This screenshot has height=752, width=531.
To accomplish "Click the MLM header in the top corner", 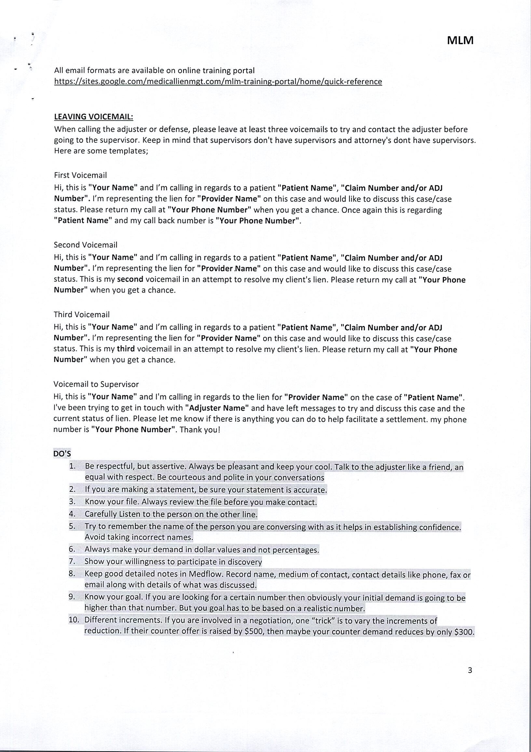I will [460, 40].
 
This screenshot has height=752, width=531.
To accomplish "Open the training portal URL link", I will [218, 82].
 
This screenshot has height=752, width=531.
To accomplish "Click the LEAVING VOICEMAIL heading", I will [93, 117].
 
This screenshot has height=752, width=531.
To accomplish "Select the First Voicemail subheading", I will [80, 175].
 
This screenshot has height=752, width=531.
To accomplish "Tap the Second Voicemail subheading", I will [85, 245].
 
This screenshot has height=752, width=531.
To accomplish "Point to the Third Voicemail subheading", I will [82, 314].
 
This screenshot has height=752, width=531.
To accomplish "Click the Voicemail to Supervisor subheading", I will [96, 384].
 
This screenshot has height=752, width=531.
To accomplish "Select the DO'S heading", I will [62, 454].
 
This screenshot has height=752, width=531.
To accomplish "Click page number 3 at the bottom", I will [470, 670].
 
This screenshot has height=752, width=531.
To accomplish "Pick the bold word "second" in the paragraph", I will [130, 279].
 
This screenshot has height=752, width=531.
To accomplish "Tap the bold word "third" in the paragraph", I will [126, 349].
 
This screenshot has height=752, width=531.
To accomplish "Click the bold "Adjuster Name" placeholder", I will [217, 408].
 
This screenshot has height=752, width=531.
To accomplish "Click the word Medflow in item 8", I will [206, 574].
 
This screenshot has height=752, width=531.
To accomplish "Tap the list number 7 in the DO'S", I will [72, 561].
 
